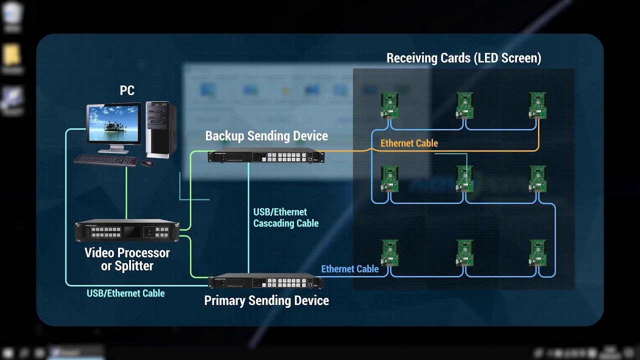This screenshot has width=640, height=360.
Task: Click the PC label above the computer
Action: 127,90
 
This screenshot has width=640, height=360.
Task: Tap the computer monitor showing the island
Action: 114,124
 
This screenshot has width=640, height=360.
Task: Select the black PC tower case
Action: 160,128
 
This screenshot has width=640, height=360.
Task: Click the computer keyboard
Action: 106,160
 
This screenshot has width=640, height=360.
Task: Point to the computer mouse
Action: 147,163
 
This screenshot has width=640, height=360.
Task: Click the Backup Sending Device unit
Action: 266,156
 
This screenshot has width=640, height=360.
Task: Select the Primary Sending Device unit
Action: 266,282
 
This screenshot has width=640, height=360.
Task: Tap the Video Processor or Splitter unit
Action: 127,231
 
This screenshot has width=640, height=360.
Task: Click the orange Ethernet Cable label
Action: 409,143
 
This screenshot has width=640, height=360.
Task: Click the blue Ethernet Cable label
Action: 349,269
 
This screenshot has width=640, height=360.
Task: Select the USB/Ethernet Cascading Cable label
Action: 285,218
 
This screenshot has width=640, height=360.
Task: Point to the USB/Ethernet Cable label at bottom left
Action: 125,293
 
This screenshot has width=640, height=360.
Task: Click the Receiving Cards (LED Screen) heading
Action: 463,58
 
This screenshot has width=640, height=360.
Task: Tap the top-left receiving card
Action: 389,105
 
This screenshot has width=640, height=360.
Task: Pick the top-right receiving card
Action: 538,105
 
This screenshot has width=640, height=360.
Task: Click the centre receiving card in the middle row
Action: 464,179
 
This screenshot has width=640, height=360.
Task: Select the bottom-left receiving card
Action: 389,253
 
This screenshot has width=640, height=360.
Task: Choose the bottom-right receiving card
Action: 538,253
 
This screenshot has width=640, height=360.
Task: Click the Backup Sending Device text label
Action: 266,136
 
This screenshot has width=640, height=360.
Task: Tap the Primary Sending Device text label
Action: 266,301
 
